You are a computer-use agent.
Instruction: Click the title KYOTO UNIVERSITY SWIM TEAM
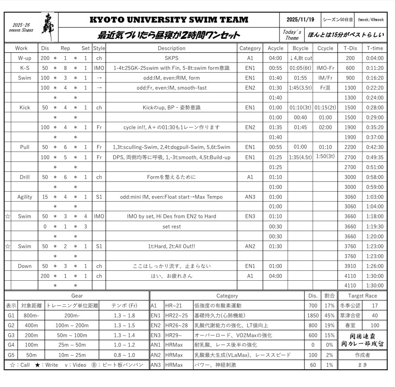pyautogui.click(x=169, y=20)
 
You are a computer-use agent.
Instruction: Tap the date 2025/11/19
pyautogui.click(x=300, y=20)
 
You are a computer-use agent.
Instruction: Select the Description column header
pyautogui.click(x=171, y=48)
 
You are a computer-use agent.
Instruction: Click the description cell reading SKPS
pyautogui.click(x=171, y=58)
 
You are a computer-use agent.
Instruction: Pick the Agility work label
pyautogui.click(x=25, y=197)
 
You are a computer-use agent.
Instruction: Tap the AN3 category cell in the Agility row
pyautogui.click(x=250, y=197)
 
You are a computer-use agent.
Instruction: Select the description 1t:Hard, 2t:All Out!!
pyautogui.click(x=171, y=246)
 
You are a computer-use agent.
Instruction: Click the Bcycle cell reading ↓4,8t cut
pyautogui.click(x=300, y=58)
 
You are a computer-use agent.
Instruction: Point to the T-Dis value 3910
pyautogui.click(x=350, y=266)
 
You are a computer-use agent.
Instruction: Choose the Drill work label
pyautogui.click(x=25, y=177)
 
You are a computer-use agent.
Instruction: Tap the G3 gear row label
pyautogui.click(x=11, y=335)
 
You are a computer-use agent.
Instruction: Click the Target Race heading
pyautogui.click(x=362, y=296)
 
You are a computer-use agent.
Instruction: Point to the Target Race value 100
pyautogui.click(x=375, y=325)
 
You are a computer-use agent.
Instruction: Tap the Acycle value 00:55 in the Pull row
pyautogui.click(x=275, y=147)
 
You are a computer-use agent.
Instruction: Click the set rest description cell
pyautogui.click(x=171, y=227)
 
